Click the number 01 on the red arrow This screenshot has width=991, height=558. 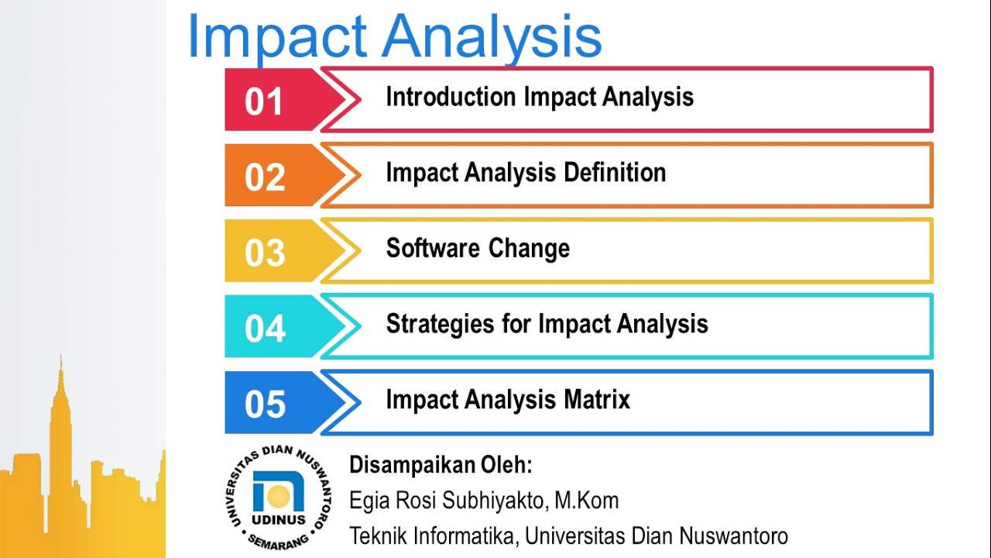(x=264, y=102)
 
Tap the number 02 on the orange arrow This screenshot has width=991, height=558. (x=265, y=177)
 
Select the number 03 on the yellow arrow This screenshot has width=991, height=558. (x=265, y=253)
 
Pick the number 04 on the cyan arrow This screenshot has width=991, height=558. (x=265, y=329)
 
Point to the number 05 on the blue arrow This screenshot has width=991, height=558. (x=265, y=405)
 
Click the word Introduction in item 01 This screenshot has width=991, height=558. (x=451, y=97)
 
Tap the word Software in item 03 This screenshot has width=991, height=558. (x=433, y=248)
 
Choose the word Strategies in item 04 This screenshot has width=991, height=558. (x=441, y=325)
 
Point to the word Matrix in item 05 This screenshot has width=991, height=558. (x=597, y=399)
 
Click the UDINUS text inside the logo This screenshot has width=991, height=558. (x=278, y=519)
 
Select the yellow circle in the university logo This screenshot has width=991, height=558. (x=279, y=496)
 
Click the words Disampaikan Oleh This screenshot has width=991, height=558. (x=441, y=465)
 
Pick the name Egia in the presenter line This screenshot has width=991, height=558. (x=368, y=501)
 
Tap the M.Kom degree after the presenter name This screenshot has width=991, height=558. (x=587, y=501)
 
